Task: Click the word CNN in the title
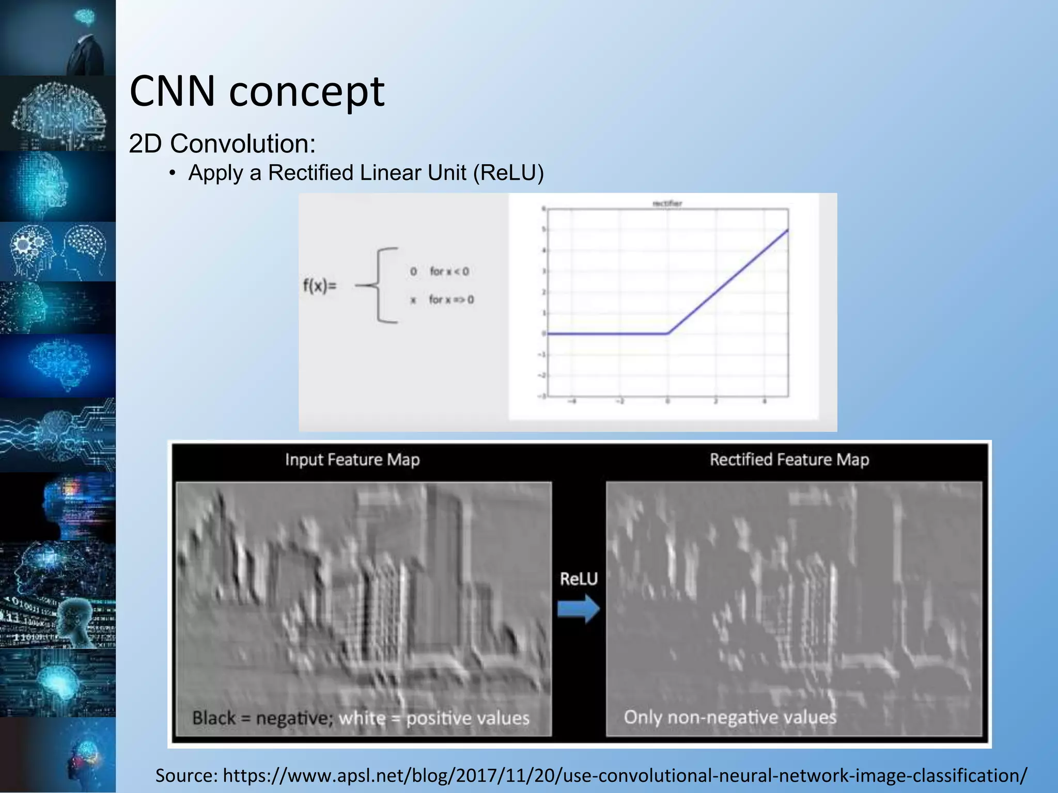tap(172, 91)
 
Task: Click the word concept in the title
tap(307, 93)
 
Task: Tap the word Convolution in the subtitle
tap(243, 144)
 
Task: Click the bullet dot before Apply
tap(173, 173)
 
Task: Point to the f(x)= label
tap(319, 285)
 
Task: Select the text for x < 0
tap(449, 272)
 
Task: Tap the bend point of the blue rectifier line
tap(667, 334)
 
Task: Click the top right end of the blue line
tap(787, 230)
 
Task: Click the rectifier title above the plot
tap(667, 203)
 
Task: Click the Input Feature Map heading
tap(352, 459)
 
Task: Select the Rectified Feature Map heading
tap(789, 459)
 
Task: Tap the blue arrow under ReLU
tap(579, 609)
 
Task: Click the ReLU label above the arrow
tap(579, 579)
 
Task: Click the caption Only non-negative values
tap(729, 717)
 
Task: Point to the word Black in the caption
tap(213, 718)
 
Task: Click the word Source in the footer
tap(186, 775)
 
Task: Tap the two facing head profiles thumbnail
tap(58, 251)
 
